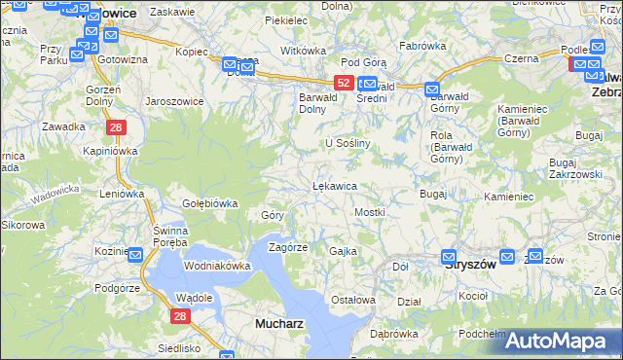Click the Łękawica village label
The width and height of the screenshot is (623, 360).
tap(334, 185)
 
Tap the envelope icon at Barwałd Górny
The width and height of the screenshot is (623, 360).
tap(433, 90)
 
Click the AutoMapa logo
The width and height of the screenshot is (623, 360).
tap(559, 341)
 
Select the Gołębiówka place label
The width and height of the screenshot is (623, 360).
tap(210, 203)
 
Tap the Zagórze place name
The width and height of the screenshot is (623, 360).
tap(288, 247)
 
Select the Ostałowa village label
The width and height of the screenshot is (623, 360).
tap(353, 300)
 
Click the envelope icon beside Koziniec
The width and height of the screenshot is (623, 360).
tap(134, 254)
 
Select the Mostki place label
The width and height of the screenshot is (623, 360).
tap(370, 211)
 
